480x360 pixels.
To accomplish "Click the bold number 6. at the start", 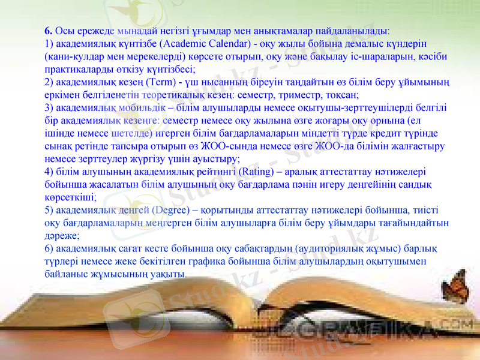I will (49, 29).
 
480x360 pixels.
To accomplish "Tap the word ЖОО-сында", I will (230, 146).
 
